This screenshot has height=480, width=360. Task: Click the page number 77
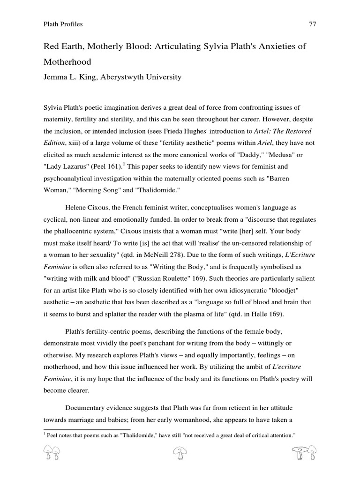click(x=313, y=24)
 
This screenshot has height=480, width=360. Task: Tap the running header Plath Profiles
click(x=63, y=24)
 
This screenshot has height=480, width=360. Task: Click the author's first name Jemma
click(x=55, y=77)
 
